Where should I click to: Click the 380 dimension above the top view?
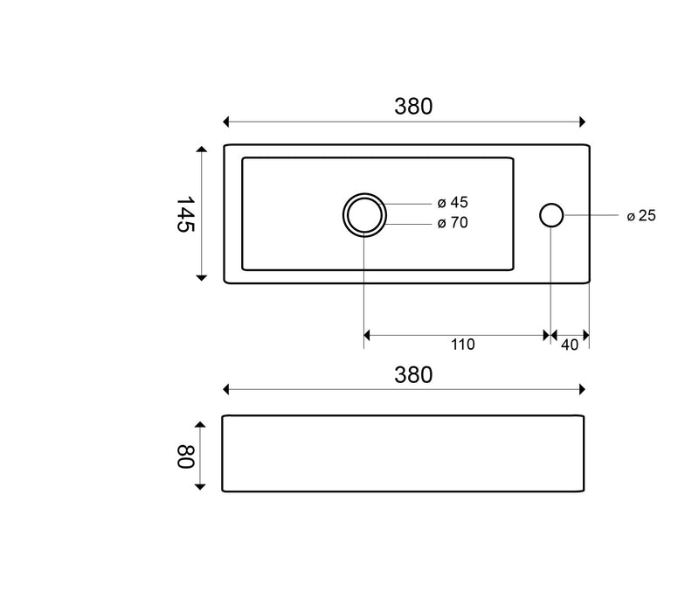tap(413, 107)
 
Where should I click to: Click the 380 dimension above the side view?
tap(413, 375)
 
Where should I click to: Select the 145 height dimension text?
tap(185, 214)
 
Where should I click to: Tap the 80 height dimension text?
tap(185, 456)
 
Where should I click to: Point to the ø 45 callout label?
tap(453, 203)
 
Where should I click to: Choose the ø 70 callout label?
tap(453, 223)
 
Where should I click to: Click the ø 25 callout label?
tap(641, 216)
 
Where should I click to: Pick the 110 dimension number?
tap(463, 345)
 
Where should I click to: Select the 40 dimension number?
tap(570, 345)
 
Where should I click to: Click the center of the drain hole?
tap(364, 215)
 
